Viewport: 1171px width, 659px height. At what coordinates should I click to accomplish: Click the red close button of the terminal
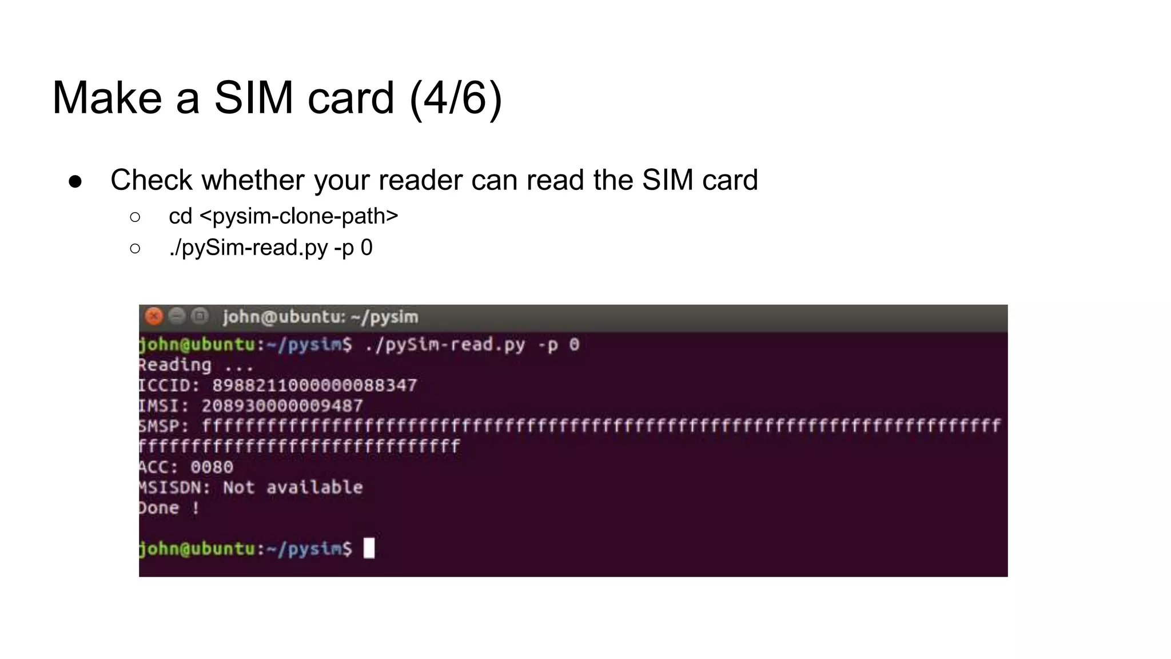click(154, 316)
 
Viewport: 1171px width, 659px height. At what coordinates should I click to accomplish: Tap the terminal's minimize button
click(177, 316)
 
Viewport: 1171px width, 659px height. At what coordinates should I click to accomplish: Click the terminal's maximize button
click(200, 316)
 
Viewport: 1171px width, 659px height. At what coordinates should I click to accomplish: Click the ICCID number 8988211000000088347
click(314, 385)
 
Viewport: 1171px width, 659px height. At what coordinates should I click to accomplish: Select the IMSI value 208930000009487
click(282, 406)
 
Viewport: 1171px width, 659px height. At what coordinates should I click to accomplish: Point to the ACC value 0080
click(212, 467)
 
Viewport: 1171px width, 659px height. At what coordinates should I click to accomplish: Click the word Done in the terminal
click(159, 508)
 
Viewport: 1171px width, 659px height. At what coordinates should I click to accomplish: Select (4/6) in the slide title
click(456, 98)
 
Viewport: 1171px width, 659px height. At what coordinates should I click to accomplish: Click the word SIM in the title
click(253, 98)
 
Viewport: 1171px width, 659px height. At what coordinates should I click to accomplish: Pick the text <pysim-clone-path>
click(298, 216)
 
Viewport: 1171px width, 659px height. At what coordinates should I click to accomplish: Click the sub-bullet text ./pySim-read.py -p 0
click(270, 248)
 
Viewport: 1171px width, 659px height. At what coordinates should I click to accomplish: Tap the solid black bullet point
click(75, 181)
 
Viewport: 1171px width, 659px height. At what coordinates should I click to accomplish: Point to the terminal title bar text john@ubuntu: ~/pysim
click(320, 316)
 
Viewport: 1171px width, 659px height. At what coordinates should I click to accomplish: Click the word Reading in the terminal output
click(175, 365)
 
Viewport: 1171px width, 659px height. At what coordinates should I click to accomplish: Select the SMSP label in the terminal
click(162, 426)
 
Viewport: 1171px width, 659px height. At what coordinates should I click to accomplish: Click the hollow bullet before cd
click(135, 217)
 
